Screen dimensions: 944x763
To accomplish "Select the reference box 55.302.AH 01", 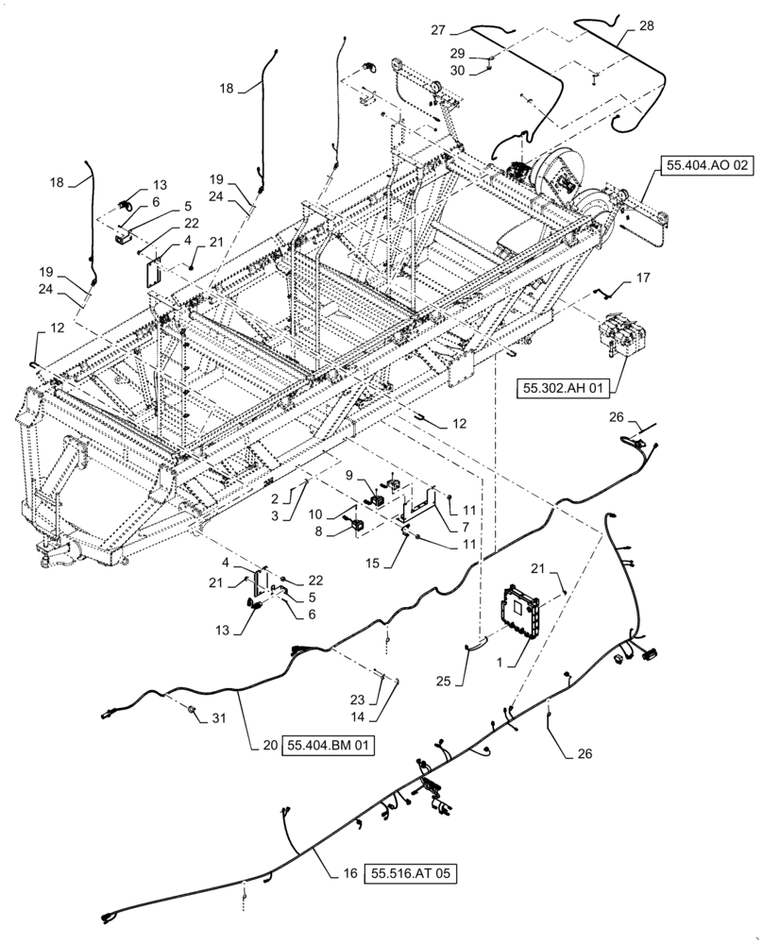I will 564,386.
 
